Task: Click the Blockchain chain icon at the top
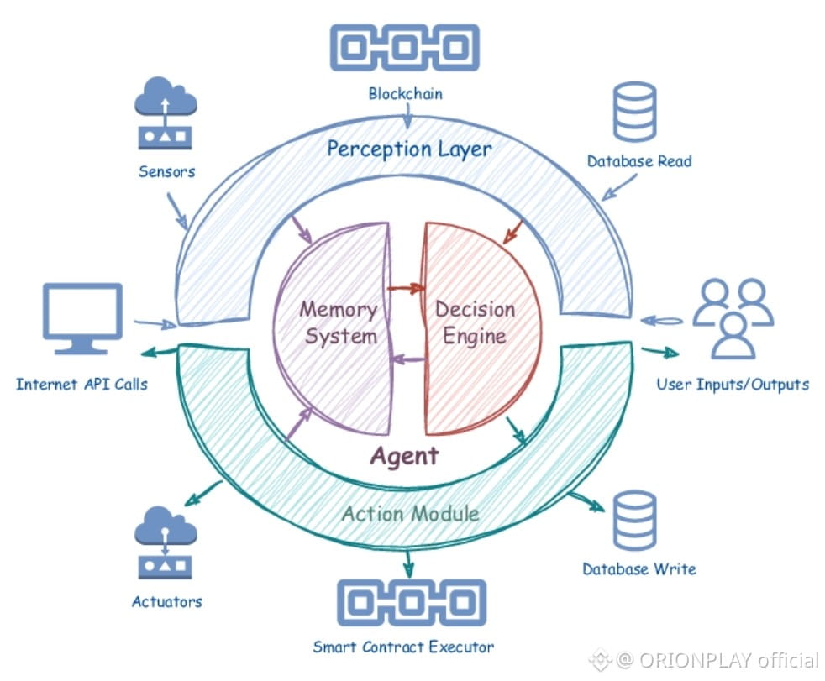click(x=405, y=47)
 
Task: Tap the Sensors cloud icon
click(x=166, y=113)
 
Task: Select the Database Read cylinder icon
click(x=635, y=112)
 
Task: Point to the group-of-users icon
click(x=733, y=318)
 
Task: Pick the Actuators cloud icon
click(x=166, y=542)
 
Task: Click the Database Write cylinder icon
click(x=635, y=521)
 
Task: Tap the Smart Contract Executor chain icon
click(x=412, y=603)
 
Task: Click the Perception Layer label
click(x=409, y=149)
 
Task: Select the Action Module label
click(x=410, y=513)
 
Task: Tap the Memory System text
click(x=339, y=322)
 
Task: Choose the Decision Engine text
click(x=475, y=322)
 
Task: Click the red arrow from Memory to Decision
click(x=406, y=288)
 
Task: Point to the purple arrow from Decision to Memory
click(x=407, y=359)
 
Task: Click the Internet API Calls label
click(x=81, y=385)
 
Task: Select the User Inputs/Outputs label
click(x=733, y=385)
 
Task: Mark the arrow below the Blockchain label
click(x=407, y=116)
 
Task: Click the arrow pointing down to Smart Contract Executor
click(x=408, y=563)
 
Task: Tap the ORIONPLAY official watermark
click(x=705, y=660)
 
